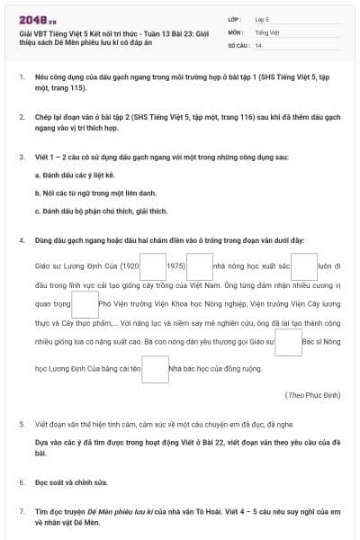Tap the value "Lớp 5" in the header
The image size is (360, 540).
tap(264, 18)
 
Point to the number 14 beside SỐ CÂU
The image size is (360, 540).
tap(258, 44)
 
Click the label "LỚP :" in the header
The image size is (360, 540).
tap(235, 18)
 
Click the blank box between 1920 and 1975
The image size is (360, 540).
tap(153, 267)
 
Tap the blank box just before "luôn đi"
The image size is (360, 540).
tap(304, 267)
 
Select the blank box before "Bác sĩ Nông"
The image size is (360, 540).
tap(288, 343)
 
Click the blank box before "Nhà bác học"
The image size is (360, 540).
tap(156, 368)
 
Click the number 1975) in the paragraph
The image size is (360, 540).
tap(176, 267)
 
